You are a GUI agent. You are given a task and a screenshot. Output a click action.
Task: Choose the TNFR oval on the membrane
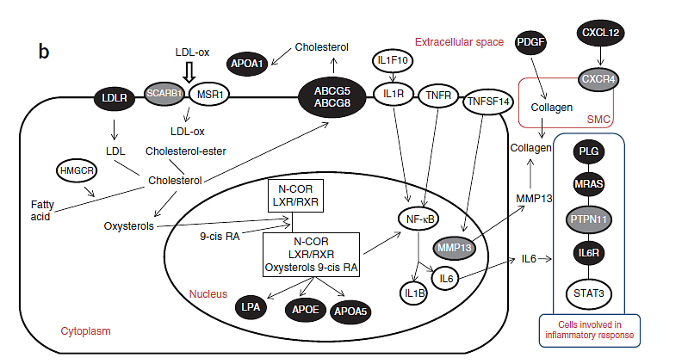439,96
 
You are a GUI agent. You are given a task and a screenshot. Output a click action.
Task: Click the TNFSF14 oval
487,102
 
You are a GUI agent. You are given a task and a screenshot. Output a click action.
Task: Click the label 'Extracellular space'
459,41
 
